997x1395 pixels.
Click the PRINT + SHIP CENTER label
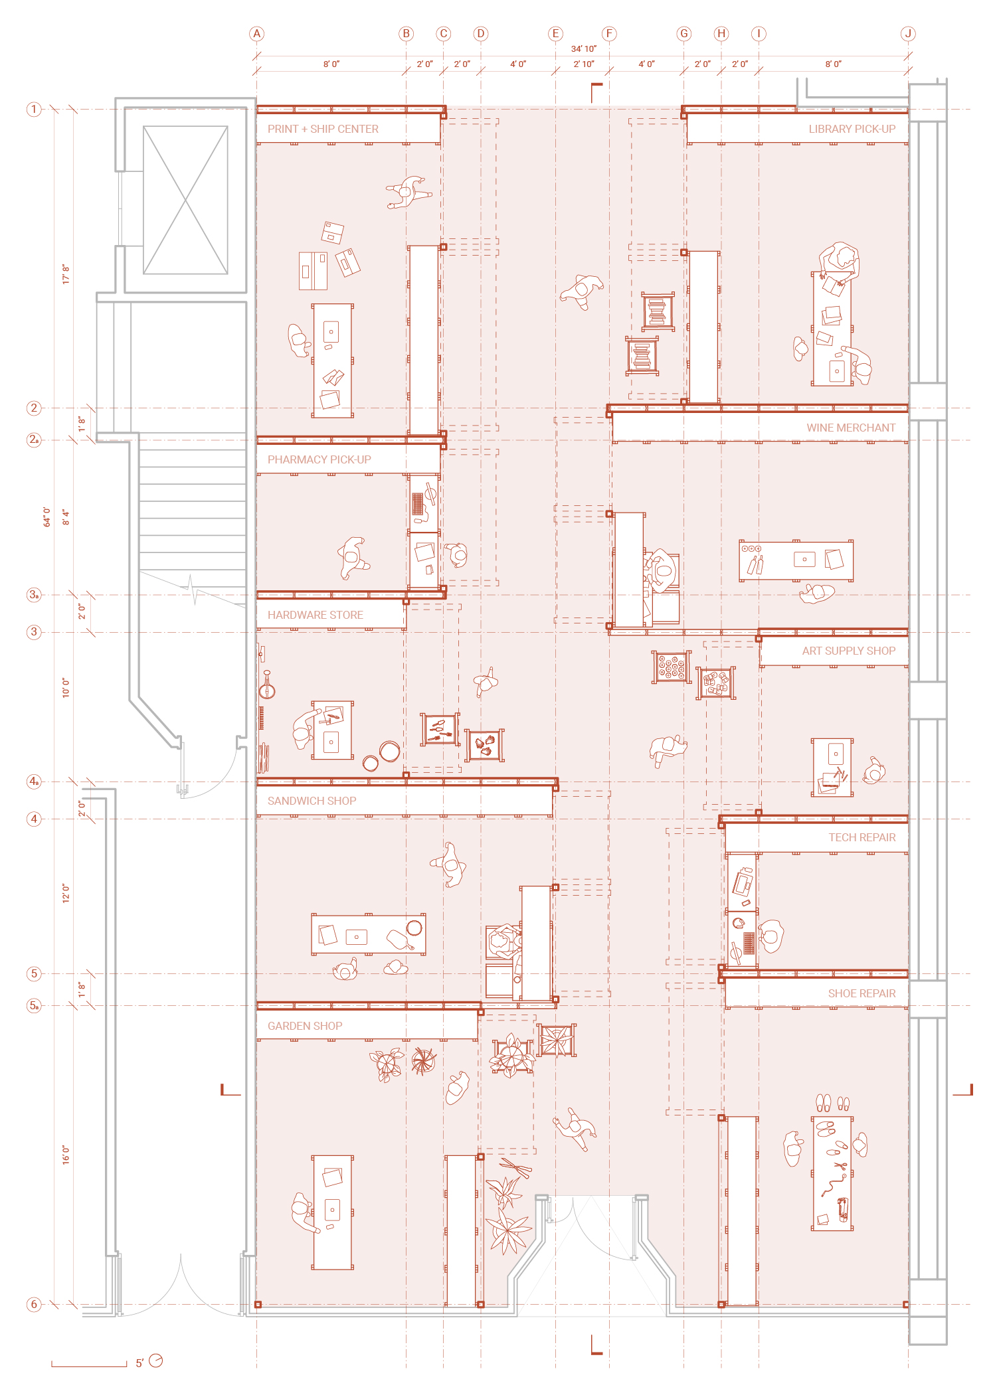pyautogui.click(x=323, y=129)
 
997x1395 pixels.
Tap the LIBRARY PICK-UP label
pyautogui.click(x=852, y=129)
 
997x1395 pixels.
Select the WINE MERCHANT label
pyautogui.click(x=851, y=428)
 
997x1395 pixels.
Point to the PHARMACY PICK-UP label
pyautogui.click(x=319, y=459)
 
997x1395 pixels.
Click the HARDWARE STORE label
pyautogui.click(x=315, y=615)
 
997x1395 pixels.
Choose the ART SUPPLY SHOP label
pyautogui.click(x=848, y=651)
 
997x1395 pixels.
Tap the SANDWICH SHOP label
pyautogui.click(x=312, y=801)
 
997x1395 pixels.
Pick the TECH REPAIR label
pyautogui.click(x=861, y=837)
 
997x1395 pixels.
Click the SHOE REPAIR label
pyautogui.click(x=861, y=993)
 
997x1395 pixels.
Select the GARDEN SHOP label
pyautogui.click(x=305, y=1026)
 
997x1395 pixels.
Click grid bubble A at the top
pyautogui.click(x=256, y=34)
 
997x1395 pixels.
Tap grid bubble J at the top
pyautogui.click(x=908, y=34)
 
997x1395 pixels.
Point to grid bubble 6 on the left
pyautogui.click(x=34, y=1304)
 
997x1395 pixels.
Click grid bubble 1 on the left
pyautogui.click(x=34, y=109)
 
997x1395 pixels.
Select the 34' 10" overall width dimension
pyautogui.click(x=583, y=48)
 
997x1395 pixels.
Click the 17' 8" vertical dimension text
pyautogui.click(x=66, y=274)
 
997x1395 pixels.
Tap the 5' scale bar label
pyautogui.click(x=139, y=1363)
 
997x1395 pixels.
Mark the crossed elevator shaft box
pyautogui.click(x=185, y=200)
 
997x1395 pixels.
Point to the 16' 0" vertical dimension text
pyautogui.click(x=66, y=1155)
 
